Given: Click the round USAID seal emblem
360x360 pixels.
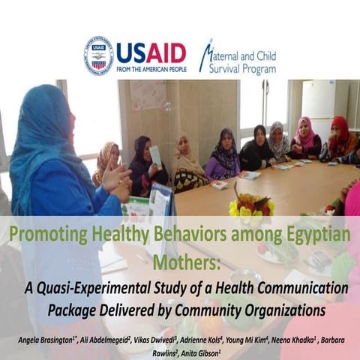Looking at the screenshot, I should pyautogui.click(x=99, y=55).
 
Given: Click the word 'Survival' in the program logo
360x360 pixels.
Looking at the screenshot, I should pyautogui.click(x=217, y=69).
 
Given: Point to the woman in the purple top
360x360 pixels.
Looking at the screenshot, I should pyautogui.click(x=223, y=154).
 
